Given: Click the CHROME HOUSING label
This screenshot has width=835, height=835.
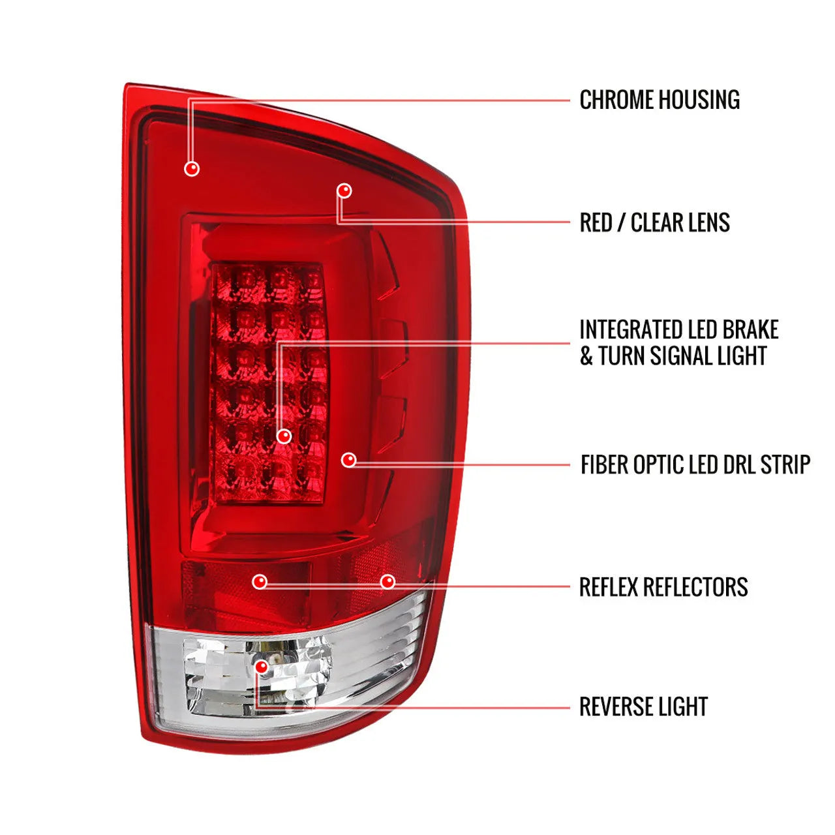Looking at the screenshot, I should tap(660, 100).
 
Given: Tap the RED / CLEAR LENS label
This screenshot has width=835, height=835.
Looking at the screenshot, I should tap(654, 222).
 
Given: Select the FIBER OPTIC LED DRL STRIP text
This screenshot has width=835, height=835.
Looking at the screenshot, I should tap(695, 464).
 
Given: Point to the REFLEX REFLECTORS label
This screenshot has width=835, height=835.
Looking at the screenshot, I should tap(663, 587).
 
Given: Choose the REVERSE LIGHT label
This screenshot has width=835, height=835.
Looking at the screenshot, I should tap(643, 706).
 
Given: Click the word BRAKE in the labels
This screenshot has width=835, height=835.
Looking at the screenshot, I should tap(750, 329).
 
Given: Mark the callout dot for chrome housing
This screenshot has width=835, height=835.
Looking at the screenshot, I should tap(192, 169).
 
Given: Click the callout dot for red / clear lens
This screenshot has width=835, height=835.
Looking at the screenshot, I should tap(344, 190).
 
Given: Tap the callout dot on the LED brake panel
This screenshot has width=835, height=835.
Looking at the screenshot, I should tap(284, 436).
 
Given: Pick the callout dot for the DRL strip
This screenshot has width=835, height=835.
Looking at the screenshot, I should tap(349, 461).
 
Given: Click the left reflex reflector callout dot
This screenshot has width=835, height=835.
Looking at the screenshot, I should tap(260, 581).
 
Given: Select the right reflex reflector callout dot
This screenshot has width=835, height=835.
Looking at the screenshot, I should tap(388, 581).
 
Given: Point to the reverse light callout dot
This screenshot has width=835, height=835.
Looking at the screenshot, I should tap(262, 667).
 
